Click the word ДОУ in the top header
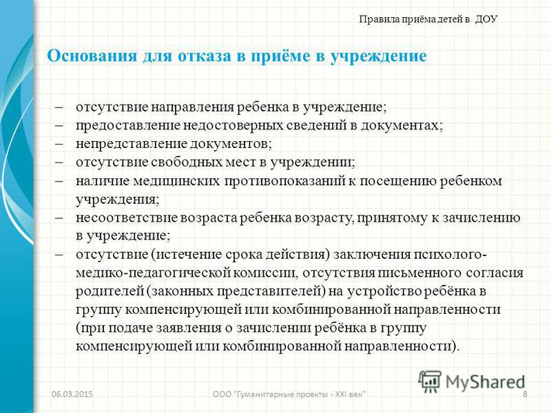[x=486, y=19]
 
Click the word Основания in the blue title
[x=92, y=56]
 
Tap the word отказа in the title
[x=204, y=56]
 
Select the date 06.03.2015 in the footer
[x=72, y=394]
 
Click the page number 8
[x=525, y=394]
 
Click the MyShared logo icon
[x=429, y=381]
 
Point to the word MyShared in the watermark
[x=486, y=382]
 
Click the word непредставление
[x=132, y=144]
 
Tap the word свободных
[x=188, y=162]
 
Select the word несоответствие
[x=126, y=218]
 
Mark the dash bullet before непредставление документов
[x=59, y=144]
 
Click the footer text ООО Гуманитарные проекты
[x=289, y=394]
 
